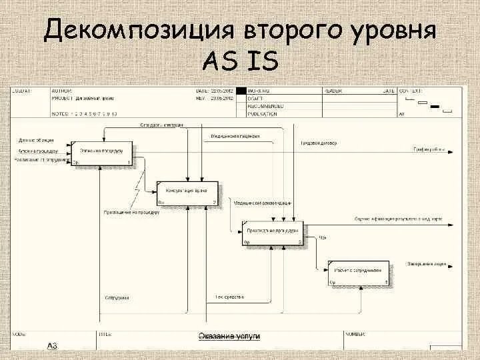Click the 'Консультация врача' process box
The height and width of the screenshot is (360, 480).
point(187,193)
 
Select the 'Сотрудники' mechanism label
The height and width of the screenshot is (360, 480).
point(117,297)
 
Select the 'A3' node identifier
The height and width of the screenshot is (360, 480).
point(51,345)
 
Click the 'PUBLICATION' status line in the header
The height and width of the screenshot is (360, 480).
point(262,114)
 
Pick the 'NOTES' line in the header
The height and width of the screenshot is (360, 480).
point(84,114)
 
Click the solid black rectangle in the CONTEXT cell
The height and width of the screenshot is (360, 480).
point(437,107)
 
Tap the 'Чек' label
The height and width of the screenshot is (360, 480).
point(321,237)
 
